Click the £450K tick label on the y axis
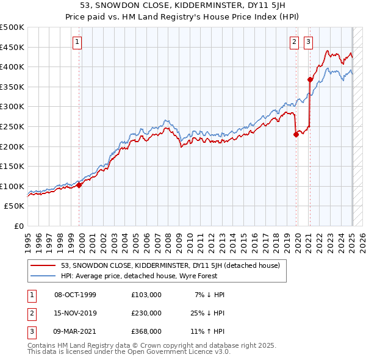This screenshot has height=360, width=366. [x=12, y=47]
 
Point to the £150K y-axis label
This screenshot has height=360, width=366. [x=12, y=166]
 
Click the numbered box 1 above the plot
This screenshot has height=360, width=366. [x=78, y=41]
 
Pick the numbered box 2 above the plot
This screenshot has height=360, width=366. [x=294, y=41]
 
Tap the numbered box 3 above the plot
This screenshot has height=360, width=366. [x=308, y=41]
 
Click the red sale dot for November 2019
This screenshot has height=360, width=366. [x=296, y=135]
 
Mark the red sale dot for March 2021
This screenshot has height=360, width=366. [x=310, y=79]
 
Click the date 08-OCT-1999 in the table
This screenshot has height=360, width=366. [x=75, y=295]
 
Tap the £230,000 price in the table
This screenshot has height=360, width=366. [x=146, y=313]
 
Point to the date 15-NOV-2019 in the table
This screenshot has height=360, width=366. [x=75, y=313]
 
